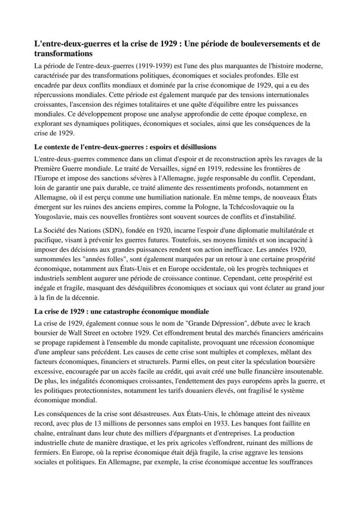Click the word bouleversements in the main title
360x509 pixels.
253,44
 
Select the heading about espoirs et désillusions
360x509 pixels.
125,148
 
